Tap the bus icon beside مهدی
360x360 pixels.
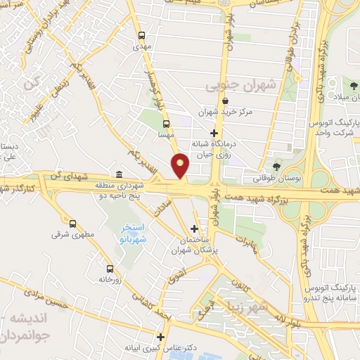click(x=142, y=35)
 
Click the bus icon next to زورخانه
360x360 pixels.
click(x=109, y=269)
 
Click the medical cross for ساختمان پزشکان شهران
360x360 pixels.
click(x=195, y=229)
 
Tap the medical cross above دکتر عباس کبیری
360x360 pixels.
click(x=161, y=337)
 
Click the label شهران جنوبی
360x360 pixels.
click(x=234, y=86)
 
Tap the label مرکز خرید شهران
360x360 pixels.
click(x=224, y=112)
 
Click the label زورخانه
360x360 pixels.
click(x=110, y=278)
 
